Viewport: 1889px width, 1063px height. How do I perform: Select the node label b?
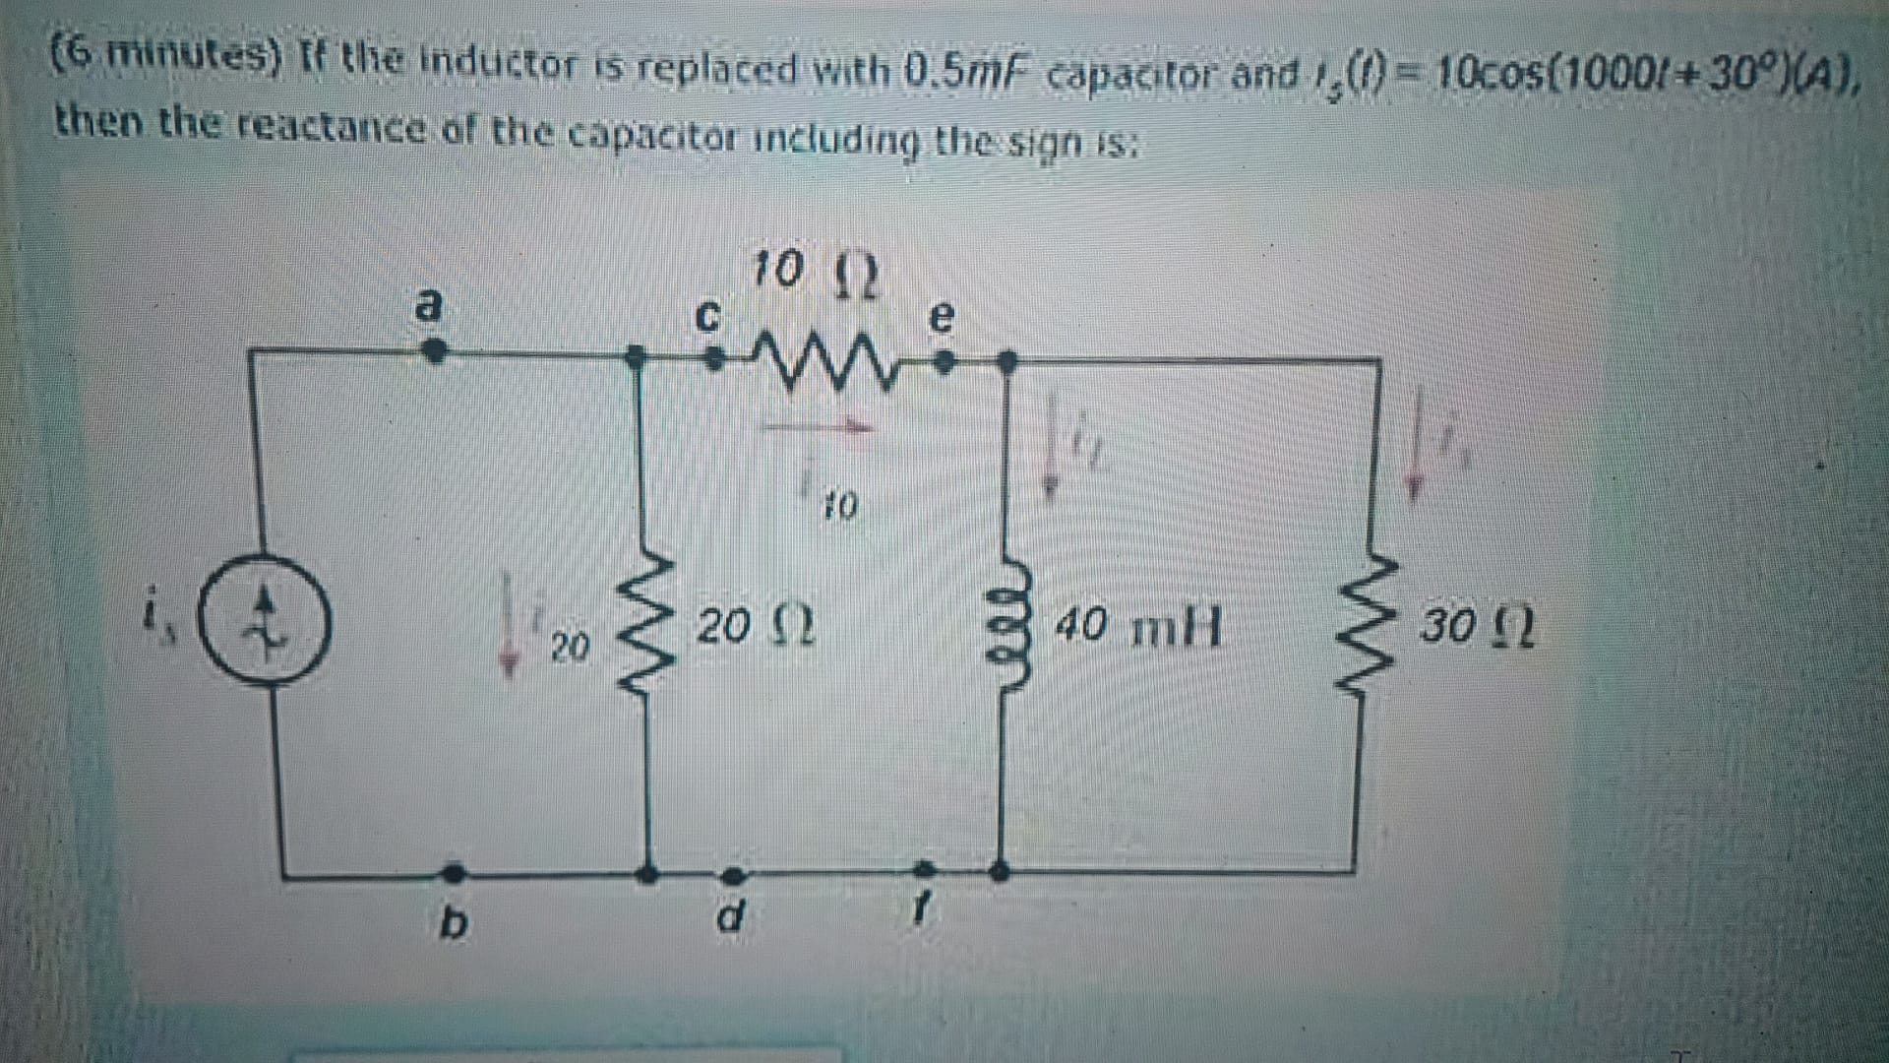(451, 923)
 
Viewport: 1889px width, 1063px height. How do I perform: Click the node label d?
(729, 916)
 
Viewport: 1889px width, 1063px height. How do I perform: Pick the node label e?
(942, 317)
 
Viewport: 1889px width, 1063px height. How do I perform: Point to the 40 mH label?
(1138, 626)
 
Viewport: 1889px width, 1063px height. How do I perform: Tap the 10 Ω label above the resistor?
(815, 272)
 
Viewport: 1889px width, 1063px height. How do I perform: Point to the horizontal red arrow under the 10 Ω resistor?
(819, 426)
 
